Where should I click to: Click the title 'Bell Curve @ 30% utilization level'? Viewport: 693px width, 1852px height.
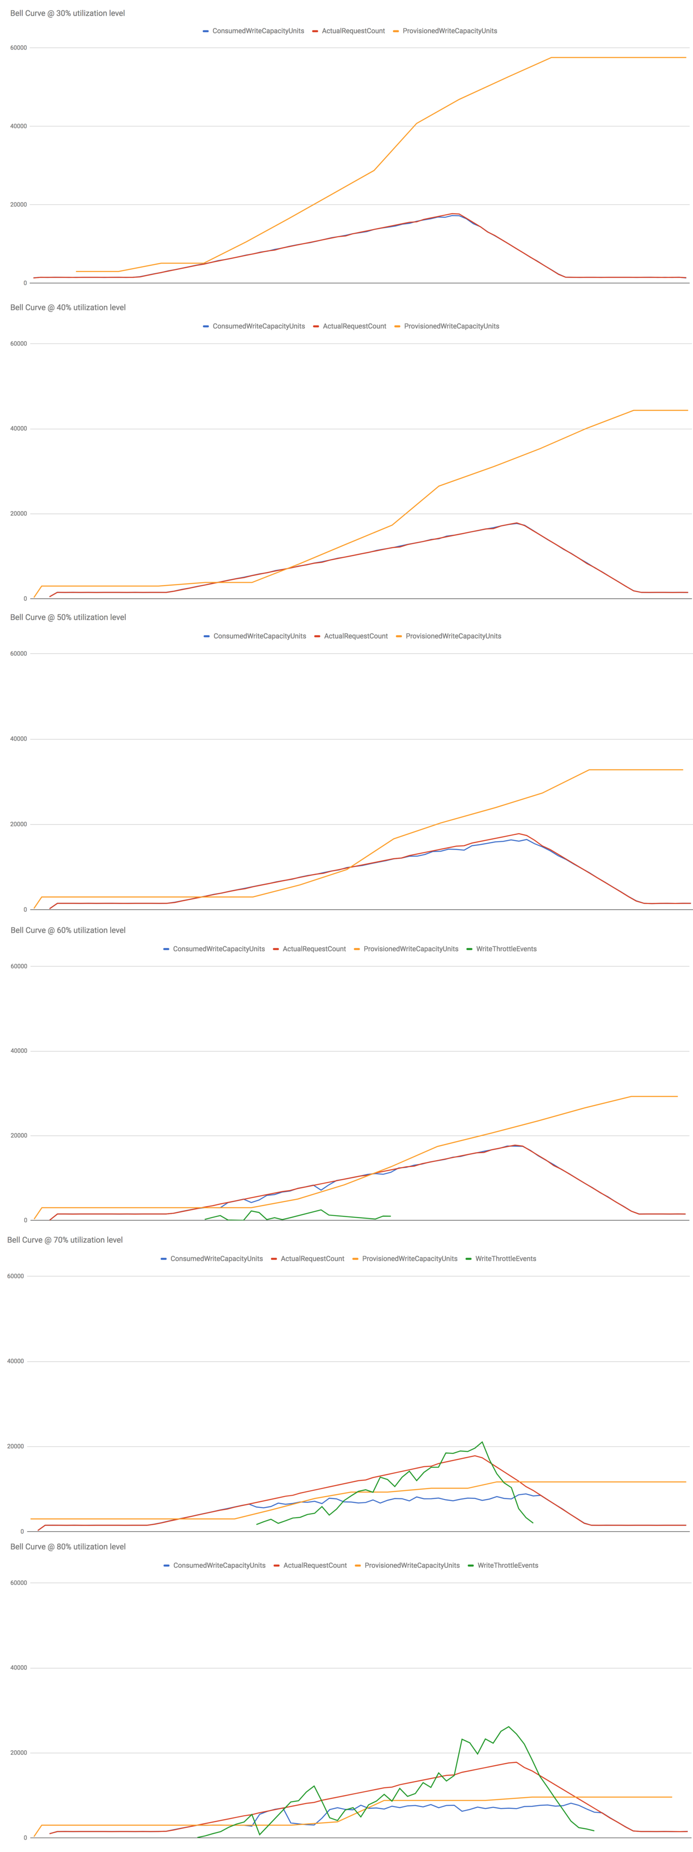[68, 13]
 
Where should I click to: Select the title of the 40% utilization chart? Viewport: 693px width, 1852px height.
[68, 307]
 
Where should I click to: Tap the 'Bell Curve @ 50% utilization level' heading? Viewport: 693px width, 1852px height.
[68, 617]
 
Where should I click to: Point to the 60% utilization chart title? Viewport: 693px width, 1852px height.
[68, 930]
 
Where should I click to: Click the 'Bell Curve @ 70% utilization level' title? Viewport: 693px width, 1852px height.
[65, 1239]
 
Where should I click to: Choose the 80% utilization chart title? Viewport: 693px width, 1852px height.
[68, 1547]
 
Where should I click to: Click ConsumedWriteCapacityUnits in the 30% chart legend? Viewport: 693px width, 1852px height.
[257, 31]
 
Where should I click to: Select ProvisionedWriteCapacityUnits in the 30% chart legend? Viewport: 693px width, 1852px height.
[449, 31]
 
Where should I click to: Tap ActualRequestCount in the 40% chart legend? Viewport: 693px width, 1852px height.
[354, 326]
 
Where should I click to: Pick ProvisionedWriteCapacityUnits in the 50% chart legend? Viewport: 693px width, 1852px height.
[453, 636]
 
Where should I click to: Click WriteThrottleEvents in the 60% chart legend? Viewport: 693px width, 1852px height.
[506, 949]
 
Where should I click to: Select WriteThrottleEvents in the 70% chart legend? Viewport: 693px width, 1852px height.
[505, 1259]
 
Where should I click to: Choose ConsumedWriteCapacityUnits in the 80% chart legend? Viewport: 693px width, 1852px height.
[219, 1565]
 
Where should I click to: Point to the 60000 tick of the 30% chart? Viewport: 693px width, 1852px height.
[19, 48]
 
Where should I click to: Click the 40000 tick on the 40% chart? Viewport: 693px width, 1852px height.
[19, 428]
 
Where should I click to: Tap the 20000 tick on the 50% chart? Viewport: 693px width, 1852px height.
[19, 824]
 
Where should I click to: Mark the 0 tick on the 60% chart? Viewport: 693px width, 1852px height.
[25, 1220]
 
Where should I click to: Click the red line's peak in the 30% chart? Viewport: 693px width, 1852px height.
[453, 214]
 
